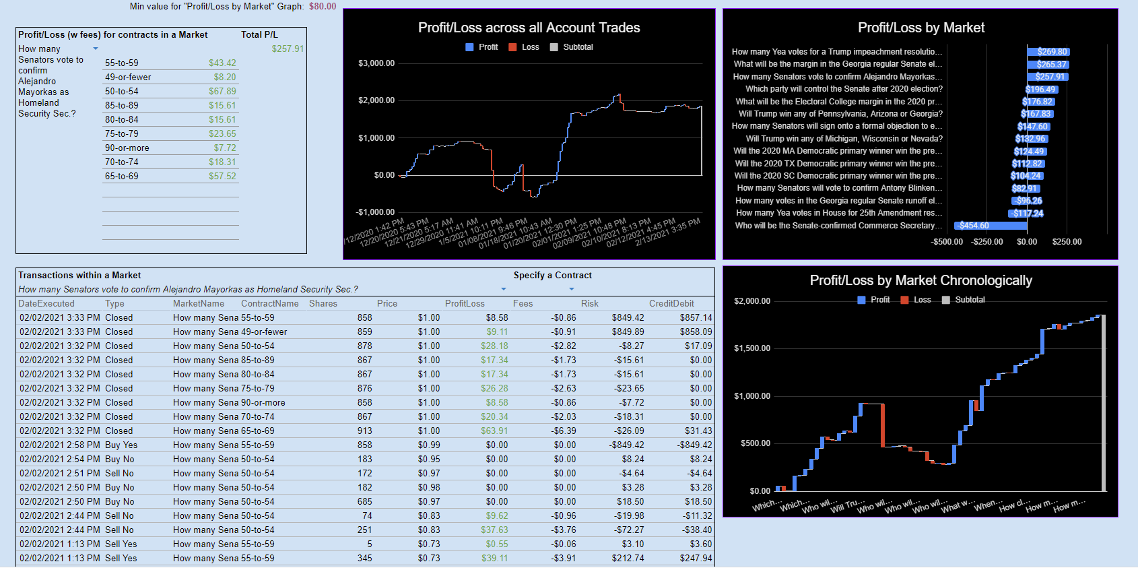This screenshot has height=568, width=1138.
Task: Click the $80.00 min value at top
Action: coord(323,6)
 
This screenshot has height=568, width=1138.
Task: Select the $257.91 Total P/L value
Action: coord(288,49)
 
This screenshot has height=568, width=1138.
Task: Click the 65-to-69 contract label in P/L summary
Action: coord(122,176)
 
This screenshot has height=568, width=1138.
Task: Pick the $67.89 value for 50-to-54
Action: coord(222,91)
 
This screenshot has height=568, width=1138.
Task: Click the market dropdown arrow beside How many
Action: coord(96,49)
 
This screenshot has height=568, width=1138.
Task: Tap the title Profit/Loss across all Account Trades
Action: coord(529,28)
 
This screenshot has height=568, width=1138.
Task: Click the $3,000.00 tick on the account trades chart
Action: coord(376,63)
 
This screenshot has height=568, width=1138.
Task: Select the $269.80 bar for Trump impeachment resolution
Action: coord(1048,52)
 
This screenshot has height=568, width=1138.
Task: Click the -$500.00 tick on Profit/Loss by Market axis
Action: coord(947,242)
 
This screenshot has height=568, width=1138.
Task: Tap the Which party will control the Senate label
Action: coord(844,89)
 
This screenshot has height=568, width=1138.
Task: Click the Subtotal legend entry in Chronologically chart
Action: coord(969,300)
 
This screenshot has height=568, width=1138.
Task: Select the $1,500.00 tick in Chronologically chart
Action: coord(751,348)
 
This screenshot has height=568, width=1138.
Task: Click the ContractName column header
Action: coord(269,303)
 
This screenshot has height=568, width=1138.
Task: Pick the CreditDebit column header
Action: coord(671,303)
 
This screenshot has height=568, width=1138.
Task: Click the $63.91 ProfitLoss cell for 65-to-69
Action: coord(494,431)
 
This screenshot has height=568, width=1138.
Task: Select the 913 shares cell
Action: coord(364,431)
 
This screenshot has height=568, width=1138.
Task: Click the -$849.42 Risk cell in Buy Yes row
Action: coord(626,445)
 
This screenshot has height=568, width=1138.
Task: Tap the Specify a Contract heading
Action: coord(552,275)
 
